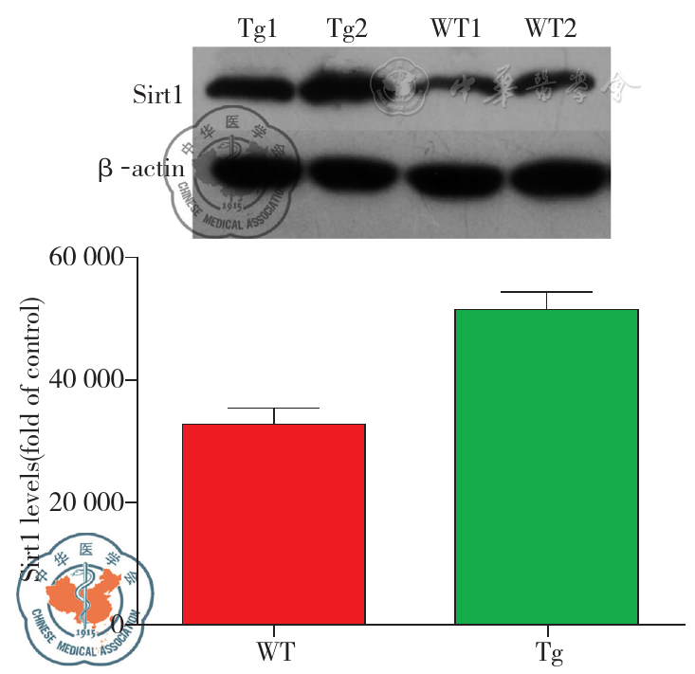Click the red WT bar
point(274,523)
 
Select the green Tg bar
point(546,466)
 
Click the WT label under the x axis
point(274,653)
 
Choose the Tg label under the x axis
point(547,653)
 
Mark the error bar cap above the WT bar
point(274,409)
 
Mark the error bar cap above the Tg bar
point(547,293)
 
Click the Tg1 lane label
point(258,29)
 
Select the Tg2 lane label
point(347,29)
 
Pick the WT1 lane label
point(455,29)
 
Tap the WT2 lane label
point(551,29)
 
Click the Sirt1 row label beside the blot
point(155,93)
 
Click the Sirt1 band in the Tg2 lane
point(347,88)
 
